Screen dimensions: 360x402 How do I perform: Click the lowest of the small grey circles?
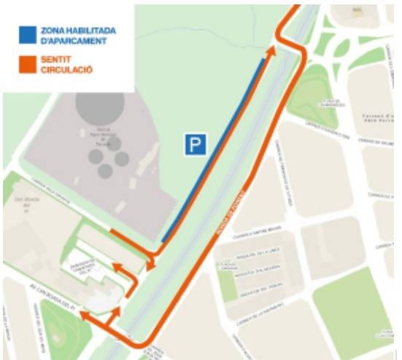[105, 171]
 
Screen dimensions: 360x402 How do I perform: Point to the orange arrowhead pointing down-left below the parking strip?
[150, 265]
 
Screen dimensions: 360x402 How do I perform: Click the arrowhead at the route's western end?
[84, 316]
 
